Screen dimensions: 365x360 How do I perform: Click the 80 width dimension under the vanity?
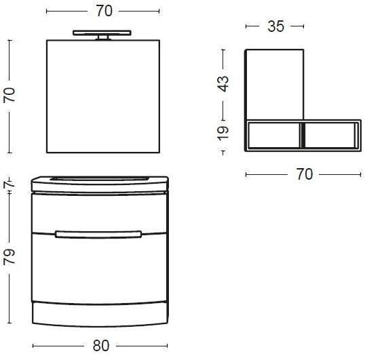pos(101,346)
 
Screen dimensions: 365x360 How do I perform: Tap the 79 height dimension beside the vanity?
pos(9,257)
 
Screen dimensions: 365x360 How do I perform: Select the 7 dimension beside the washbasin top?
pos(9,184)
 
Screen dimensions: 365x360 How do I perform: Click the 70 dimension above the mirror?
pos(104,11)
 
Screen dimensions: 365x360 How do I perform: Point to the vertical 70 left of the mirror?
pos(9,95)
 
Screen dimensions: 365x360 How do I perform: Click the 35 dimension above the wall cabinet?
pos(275,26)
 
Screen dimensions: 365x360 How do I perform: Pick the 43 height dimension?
pos(223,83)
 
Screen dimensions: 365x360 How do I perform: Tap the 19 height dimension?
pos(223,134)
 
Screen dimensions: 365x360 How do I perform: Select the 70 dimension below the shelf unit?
pos(304,174)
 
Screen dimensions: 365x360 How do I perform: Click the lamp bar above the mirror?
pos(102,33)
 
